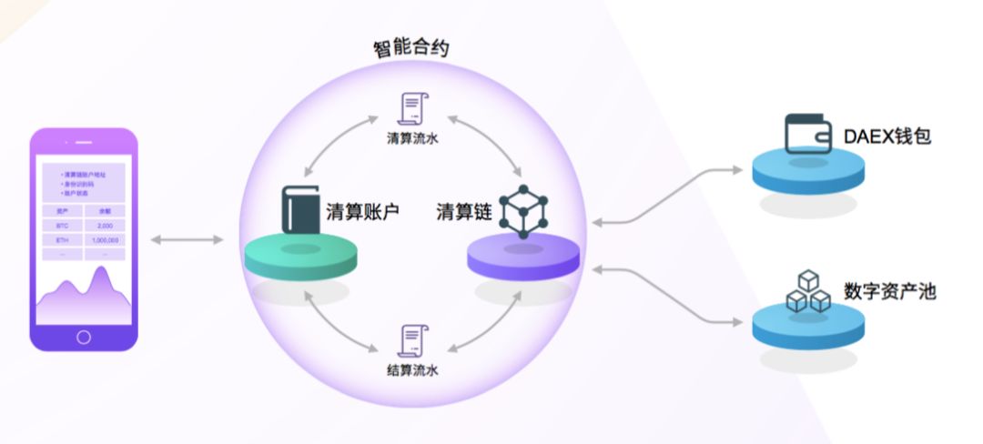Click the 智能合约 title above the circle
410,48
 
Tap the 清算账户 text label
363,212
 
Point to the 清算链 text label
464,212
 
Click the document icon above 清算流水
412,108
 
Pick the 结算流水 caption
412,370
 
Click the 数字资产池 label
889,292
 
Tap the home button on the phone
84,337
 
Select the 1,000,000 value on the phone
107,240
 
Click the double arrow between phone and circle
187,239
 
